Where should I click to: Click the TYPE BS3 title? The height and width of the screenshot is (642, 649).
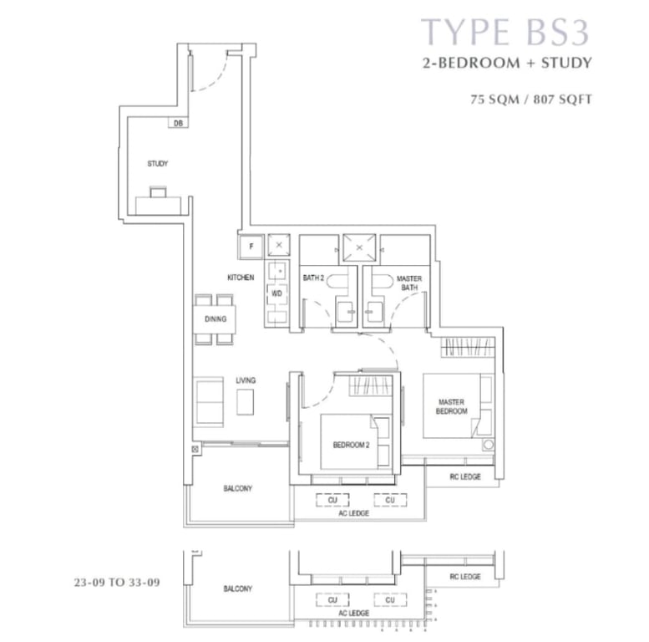[x=505, y=32]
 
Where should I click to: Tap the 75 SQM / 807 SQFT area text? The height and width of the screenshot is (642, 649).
[x=531, y=99]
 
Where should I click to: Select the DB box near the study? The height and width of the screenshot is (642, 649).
[x=179, y=123]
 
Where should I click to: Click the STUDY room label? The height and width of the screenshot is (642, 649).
[x=158, y=164]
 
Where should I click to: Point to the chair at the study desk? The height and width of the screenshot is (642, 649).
[x=158, y=192]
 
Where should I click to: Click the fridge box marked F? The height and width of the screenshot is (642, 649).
[x=251, y=247]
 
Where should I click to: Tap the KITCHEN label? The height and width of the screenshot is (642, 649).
[x=241, y=278]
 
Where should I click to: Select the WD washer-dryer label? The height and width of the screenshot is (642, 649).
[x=277, y=293]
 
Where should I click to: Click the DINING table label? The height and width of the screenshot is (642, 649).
[x=215, y=319]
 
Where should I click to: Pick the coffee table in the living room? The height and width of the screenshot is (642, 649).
[x=245, y=402]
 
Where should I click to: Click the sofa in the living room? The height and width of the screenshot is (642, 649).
[x=209, y=402]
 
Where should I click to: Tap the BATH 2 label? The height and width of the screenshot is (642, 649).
[x=313, y=278]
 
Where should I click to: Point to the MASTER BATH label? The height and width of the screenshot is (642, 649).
[x=409, y=283]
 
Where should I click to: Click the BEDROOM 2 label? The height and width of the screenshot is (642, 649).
[x=351, y=446]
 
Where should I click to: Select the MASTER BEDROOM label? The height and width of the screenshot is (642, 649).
[x=452, y=407]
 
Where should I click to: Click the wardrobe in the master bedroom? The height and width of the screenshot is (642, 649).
[x=468, y=347]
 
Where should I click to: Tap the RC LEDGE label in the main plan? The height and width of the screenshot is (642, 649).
[x=465, y=476]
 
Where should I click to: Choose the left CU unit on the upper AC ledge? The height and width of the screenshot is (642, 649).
[x=332, y=500]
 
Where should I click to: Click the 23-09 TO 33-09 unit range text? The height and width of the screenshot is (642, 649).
[x=117, y=583]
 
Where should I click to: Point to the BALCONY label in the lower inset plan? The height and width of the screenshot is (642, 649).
[x=237, y=588]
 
